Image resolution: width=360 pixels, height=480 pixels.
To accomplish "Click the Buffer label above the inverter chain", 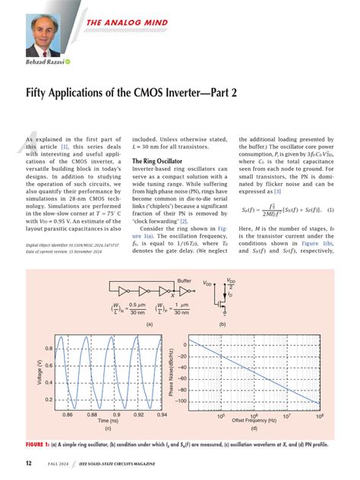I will click(185, 280).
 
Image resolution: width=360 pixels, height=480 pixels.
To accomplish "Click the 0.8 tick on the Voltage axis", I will click(47, 348).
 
